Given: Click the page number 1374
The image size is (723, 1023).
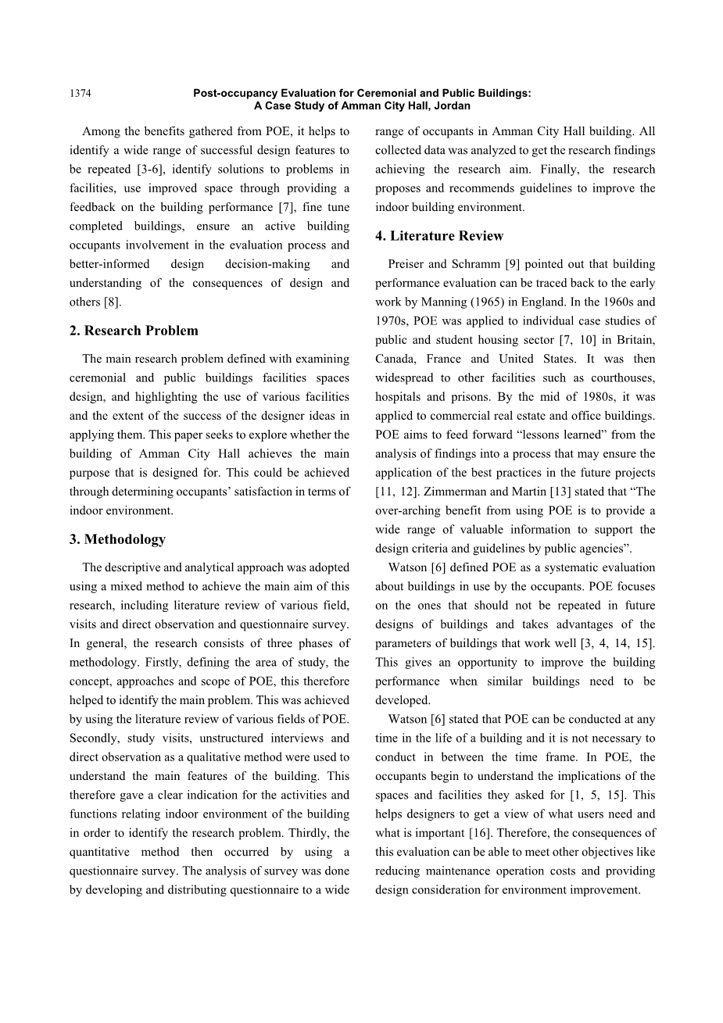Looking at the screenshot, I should (80, 94).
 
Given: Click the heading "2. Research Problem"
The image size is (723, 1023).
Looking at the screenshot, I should (134, 331).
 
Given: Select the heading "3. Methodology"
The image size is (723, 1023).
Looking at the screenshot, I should (117, 539).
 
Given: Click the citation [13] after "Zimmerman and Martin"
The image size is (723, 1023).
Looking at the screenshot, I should (562, 492).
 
